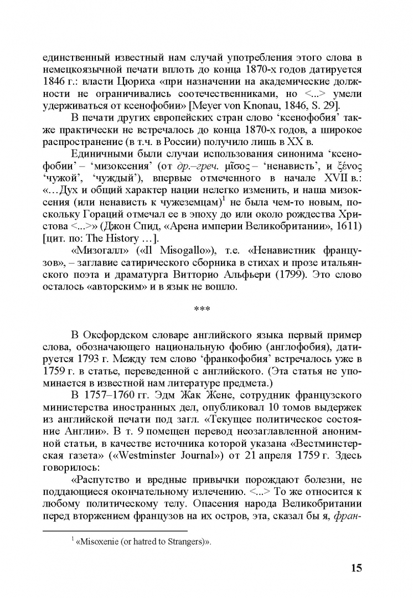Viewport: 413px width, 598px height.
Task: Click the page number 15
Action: (x=357, y=568)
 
